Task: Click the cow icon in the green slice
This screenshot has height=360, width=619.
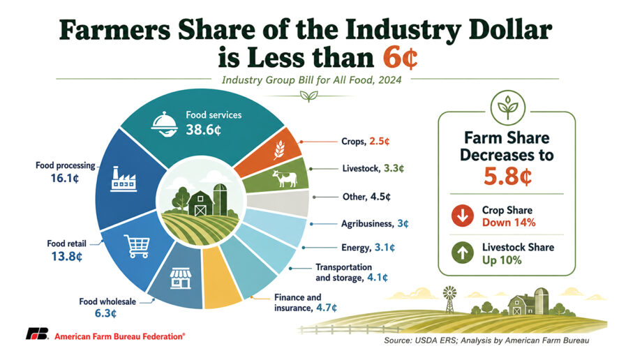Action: (285, 178)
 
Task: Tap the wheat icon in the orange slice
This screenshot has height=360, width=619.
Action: (280, 150)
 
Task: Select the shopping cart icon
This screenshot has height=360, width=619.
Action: (137, 246)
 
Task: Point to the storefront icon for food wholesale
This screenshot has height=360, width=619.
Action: (181, 278)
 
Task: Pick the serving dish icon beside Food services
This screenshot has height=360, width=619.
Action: (164, 124)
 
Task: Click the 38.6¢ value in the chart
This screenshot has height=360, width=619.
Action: (203, 130)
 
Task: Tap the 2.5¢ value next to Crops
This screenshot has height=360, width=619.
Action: (380, 142)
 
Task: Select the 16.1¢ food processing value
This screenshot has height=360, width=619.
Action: (65, 179)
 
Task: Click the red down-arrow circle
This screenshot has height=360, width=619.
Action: (462, 216)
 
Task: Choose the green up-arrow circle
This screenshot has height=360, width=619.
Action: (462, 253)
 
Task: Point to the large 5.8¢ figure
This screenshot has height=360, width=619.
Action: (507, 176)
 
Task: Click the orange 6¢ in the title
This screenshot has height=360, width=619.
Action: (401, 58)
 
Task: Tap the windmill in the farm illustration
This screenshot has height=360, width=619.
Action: (449, 299)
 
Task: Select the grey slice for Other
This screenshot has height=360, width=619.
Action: (278, 204)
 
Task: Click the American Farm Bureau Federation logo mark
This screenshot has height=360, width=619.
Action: (38, 334)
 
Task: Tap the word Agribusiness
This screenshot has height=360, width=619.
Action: (367, 224)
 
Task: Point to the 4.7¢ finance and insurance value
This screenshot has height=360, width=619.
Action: (327, 308)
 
